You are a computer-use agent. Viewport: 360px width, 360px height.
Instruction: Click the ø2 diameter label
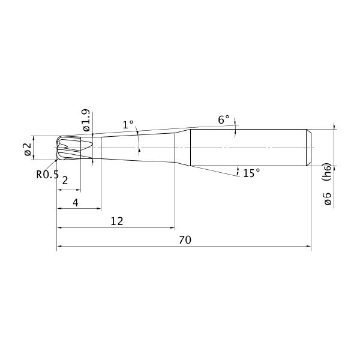pyautogui.click(x=28, y=149)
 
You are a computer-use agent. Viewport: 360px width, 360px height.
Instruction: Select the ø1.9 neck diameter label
pyautogui.click(x=86, y=120)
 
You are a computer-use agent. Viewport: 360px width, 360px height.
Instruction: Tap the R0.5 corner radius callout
pyautogui.click(x=47, y=175)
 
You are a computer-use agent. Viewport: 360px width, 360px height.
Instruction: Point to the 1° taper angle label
pyautogui.click(x=128, y=125)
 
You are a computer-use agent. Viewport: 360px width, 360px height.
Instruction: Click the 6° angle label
pyautogui.click(x=224, y=119)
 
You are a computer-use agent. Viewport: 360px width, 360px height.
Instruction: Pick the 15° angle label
pyautogui.click(x=251, y=173)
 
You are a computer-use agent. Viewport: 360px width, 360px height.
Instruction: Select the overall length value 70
pyautogui.click(x=185, y=240)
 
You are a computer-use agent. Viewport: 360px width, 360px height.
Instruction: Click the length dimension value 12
pyautogui.click(x=117, y=221)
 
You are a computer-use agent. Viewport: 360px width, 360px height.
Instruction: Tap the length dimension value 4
pyautogui.click(x=76, y=203)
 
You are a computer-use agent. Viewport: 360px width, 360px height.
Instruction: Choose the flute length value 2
pyautogui.click(x=65, y=181)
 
